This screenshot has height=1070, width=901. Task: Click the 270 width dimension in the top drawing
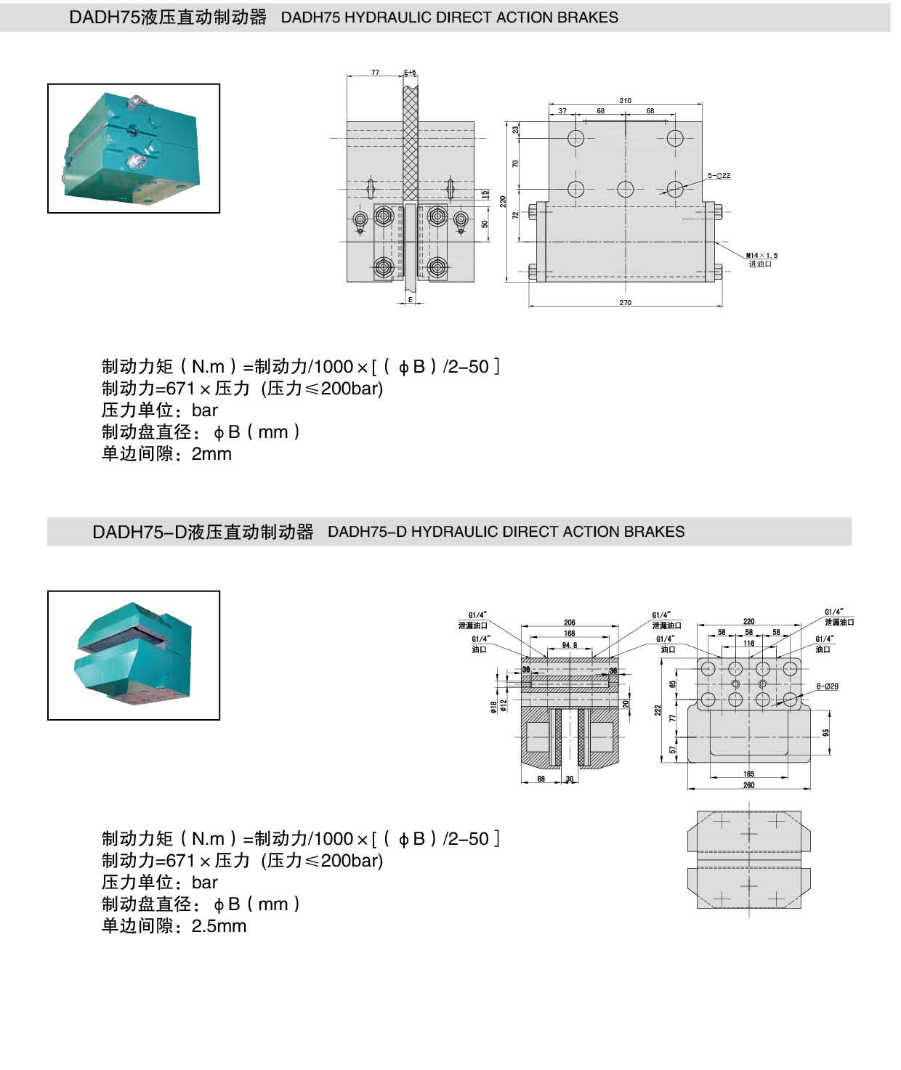click(625, 302)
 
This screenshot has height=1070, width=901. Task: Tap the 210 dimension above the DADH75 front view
click(625, 101)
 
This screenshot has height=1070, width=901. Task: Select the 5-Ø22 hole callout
click(719, 176)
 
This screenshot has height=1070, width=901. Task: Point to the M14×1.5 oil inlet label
click(761, 256)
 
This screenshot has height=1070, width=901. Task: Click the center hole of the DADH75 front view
click(625, 190)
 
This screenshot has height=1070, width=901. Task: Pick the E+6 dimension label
click(410, 73)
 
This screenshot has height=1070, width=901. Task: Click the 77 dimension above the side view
click(375, 73)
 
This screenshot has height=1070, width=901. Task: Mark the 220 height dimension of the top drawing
click(502, 201)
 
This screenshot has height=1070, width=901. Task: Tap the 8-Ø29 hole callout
click(827, 686)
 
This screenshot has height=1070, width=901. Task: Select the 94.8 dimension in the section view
click(569, 645)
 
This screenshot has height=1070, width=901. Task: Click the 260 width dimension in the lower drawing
click(748, 785)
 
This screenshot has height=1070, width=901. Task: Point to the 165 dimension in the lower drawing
click(748, 774)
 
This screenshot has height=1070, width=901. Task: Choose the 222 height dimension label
click(658, 710)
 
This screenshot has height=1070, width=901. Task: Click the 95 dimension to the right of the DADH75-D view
click(825, 733)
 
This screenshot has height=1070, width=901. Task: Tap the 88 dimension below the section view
click(541, 779)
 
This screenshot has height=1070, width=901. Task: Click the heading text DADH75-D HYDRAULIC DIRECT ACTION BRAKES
click(506, 532)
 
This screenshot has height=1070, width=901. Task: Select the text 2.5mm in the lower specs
click(219, 926)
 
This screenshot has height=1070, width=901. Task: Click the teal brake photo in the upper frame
click(133, 148)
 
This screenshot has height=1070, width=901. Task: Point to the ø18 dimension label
click(493, 706)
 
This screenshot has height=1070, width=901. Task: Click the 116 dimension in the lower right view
click(748, 644)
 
